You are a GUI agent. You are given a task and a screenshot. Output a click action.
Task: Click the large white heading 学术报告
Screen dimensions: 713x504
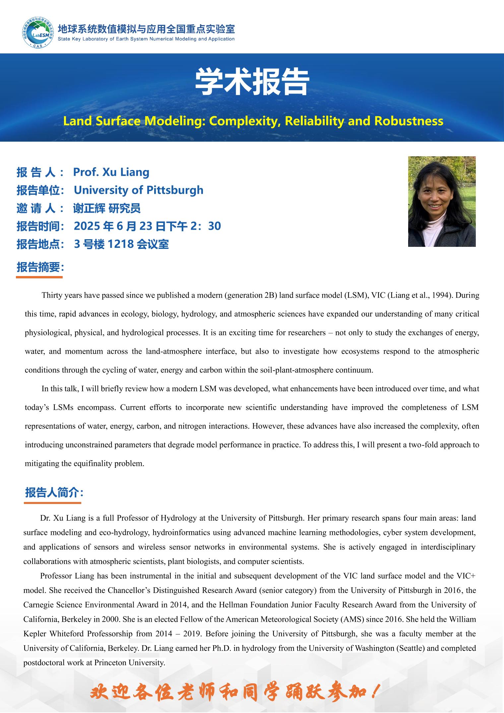[252, 82]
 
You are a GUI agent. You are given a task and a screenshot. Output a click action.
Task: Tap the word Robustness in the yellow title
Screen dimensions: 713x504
[409, 121]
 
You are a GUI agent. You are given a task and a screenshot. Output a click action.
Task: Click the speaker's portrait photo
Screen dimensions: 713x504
[442, 201]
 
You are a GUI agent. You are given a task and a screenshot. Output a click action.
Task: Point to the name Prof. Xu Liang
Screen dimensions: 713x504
[111, 172]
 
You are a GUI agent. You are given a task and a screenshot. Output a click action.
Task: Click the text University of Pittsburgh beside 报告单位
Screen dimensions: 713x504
[138, 190]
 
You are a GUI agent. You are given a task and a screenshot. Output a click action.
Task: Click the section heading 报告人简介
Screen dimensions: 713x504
[52, 493]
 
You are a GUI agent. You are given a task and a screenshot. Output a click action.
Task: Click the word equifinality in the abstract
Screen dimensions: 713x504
[91, 463]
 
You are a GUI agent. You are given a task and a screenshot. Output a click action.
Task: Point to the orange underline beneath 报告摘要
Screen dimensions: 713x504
[39, 277]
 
